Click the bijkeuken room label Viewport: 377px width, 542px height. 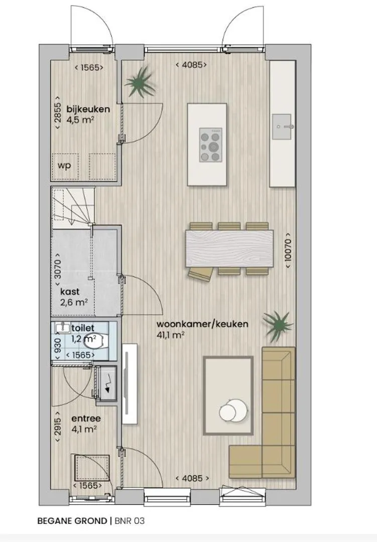pos(88,109)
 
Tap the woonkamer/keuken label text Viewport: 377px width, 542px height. pos(202,324)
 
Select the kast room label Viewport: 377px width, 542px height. pos(69,292)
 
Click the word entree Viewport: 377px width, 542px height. pos(86,419)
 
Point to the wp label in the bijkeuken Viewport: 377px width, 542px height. pos(64,166)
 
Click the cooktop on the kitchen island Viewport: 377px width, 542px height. pos(210,145)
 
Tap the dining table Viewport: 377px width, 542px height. pos(229,248)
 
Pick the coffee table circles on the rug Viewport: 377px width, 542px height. pos(231,411)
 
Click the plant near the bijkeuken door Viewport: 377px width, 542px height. pos(141,83)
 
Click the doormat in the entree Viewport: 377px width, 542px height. pos(91,468)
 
